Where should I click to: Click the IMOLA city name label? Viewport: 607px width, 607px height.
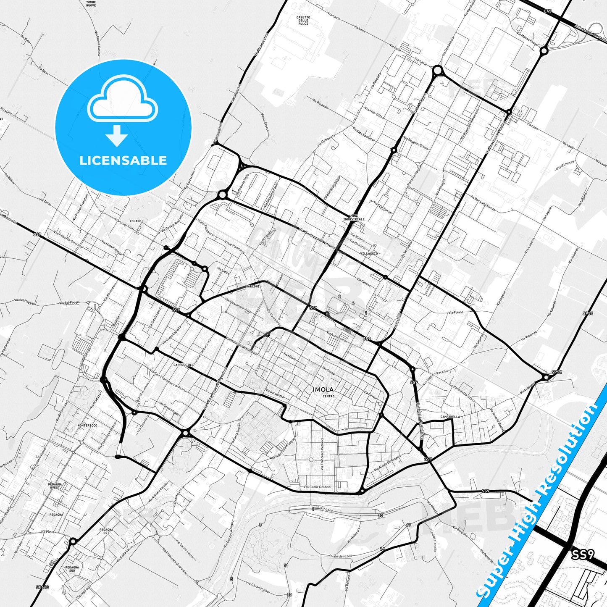click(x=323, y=389)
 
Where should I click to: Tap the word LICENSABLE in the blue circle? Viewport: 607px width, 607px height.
click(x=123, y=160)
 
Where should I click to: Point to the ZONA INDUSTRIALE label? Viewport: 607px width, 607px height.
click(x=354, y=217)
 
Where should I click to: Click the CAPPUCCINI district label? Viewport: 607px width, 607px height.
click(x=183, y=365)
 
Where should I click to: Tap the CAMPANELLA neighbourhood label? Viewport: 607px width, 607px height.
click(x=450, y=417)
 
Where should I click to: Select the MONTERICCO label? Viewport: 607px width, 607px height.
click(x=87, y=426)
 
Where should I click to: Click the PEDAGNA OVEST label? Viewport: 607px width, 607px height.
click(x=55, y=486)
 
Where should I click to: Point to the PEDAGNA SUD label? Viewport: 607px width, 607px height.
click(x=72, y=569)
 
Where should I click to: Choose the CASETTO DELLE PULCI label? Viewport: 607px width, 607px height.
click(x=303, y=21)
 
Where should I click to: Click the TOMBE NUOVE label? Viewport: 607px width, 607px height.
click(x=91, y=4)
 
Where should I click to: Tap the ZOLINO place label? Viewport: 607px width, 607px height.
click(x=135, y=221)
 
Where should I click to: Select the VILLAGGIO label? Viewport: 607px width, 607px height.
click(x=369, y=254)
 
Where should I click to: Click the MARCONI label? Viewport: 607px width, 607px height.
click(x=253, y=286)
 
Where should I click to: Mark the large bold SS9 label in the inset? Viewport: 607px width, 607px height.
click(x=583, y=555)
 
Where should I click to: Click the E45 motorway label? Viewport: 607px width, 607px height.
click(x=547, y=11)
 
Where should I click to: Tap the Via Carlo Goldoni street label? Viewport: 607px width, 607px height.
click(x=317, y=487)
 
